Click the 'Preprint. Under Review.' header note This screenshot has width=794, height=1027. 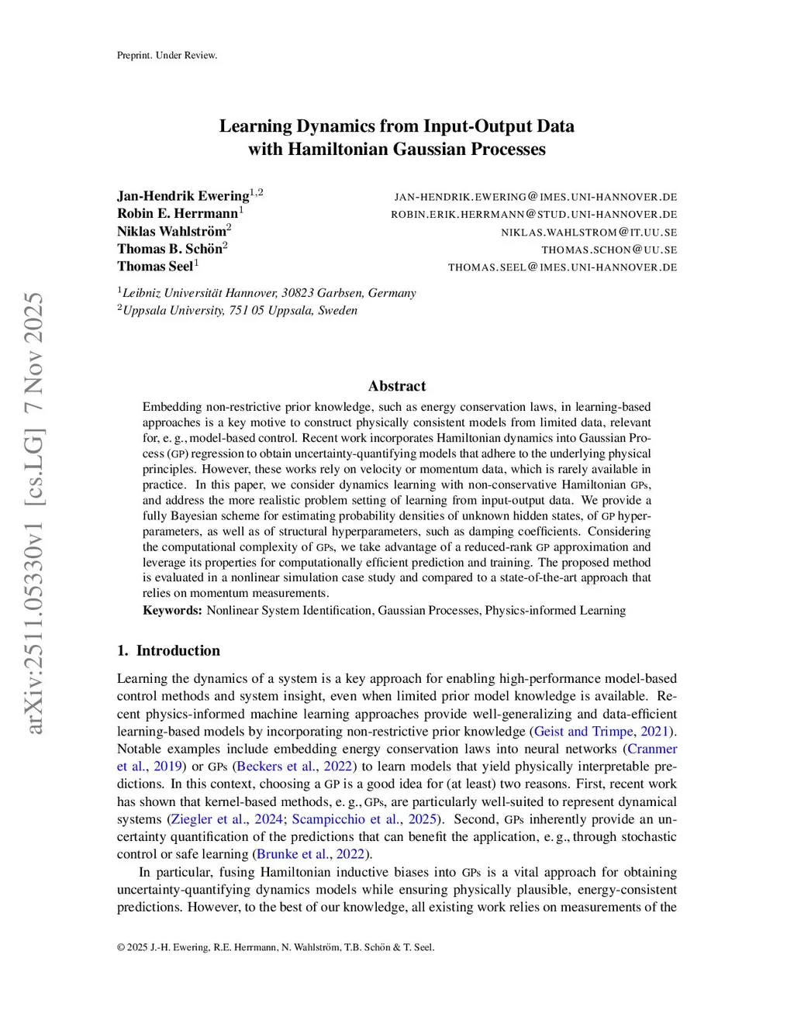(167, 55)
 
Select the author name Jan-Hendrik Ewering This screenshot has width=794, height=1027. (183, 195)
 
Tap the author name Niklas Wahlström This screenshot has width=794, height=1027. (171, 231)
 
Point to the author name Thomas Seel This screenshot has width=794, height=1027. (155, 266)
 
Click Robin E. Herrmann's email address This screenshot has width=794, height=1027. (533, 214)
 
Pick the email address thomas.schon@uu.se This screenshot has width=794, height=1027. (609, 250)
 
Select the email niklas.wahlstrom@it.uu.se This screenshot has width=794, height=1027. (589, 232)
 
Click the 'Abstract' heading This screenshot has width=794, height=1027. (396, 386)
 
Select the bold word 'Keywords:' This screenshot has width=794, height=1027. (172, 610)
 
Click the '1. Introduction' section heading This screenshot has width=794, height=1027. (168, 650)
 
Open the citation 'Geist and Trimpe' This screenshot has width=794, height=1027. (583, 731)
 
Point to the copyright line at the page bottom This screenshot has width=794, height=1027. (275, 946)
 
